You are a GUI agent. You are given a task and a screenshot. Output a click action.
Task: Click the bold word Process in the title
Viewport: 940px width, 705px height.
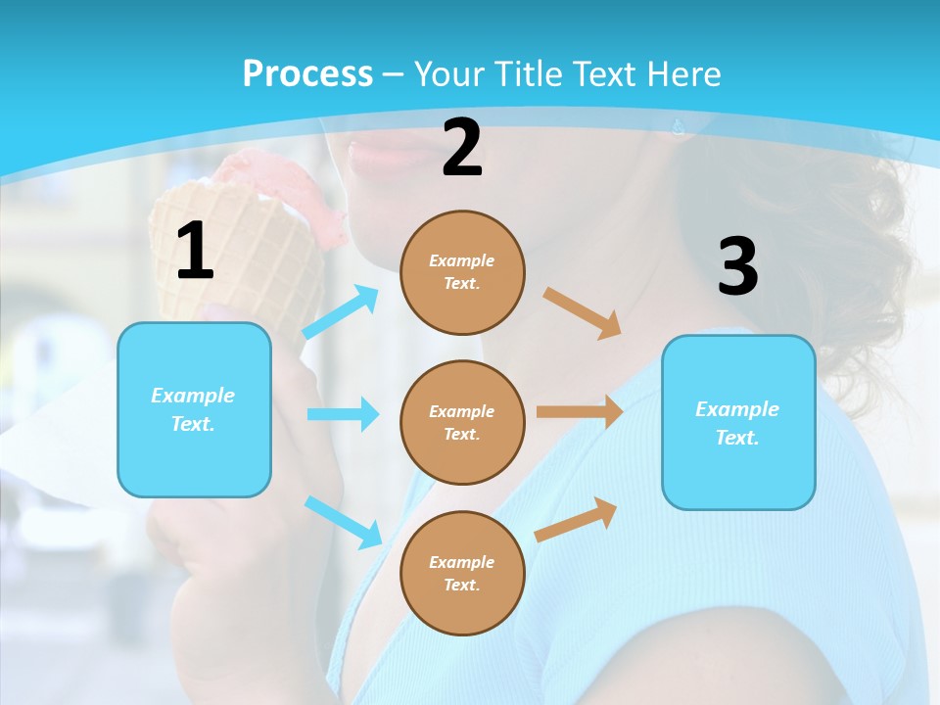point(307,74)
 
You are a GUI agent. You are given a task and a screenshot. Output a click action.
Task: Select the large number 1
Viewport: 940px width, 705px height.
point(195,252)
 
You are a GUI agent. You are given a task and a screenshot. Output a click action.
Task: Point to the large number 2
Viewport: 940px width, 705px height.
point(462,148)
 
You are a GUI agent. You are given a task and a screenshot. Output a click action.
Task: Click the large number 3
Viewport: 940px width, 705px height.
point(737,266)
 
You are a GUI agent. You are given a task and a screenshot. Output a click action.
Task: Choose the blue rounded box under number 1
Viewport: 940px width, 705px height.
point(194,409)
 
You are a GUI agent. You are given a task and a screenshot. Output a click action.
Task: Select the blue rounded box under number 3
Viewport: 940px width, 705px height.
point(738,422)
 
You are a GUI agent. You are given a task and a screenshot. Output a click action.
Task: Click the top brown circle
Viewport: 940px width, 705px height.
point(462,272)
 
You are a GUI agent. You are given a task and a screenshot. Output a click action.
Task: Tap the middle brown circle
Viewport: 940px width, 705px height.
point(462,422)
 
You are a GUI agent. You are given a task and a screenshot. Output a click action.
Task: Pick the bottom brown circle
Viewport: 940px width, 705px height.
point(462,573)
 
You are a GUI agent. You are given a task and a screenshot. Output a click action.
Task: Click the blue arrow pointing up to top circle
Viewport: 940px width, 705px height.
point(341,312)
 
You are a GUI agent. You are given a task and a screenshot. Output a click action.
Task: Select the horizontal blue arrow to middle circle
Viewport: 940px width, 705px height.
point(343,414)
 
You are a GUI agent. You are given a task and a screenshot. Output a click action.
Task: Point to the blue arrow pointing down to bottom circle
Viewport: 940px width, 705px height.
point(343,521)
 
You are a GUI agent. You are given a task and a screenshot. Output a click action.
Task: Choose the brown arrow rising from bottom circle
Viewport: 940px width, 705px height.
point(576,519)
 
